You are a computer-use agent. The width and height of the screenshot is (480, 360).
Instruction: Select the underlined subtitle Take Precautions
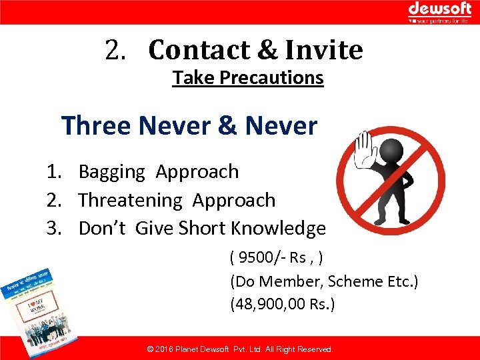248,78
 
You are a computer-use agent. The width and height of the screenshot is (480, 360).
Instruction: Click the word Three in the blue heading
96,125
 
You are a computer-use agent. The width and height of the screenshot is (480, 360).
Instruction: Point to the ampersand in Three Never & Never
225,125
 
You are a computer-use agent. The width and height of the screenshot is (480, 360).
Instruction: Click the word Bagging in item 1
111,172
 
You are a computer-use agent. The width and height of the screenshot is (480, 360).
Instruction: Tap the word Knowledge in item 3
278,229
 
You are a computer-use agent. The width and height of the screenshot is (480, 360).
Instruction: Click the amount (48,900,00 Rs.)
283,305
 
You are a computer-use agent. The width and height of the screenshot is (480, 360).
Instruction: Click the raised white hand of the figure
365,147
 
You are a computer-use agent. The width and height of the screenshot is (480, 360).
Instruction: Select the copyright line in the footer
239,349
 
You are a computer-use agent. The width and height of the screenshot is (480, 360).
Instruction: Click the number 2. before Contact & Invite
117,50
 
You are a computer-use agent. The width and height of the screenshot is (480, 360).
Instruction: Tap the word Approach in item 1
197,172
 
